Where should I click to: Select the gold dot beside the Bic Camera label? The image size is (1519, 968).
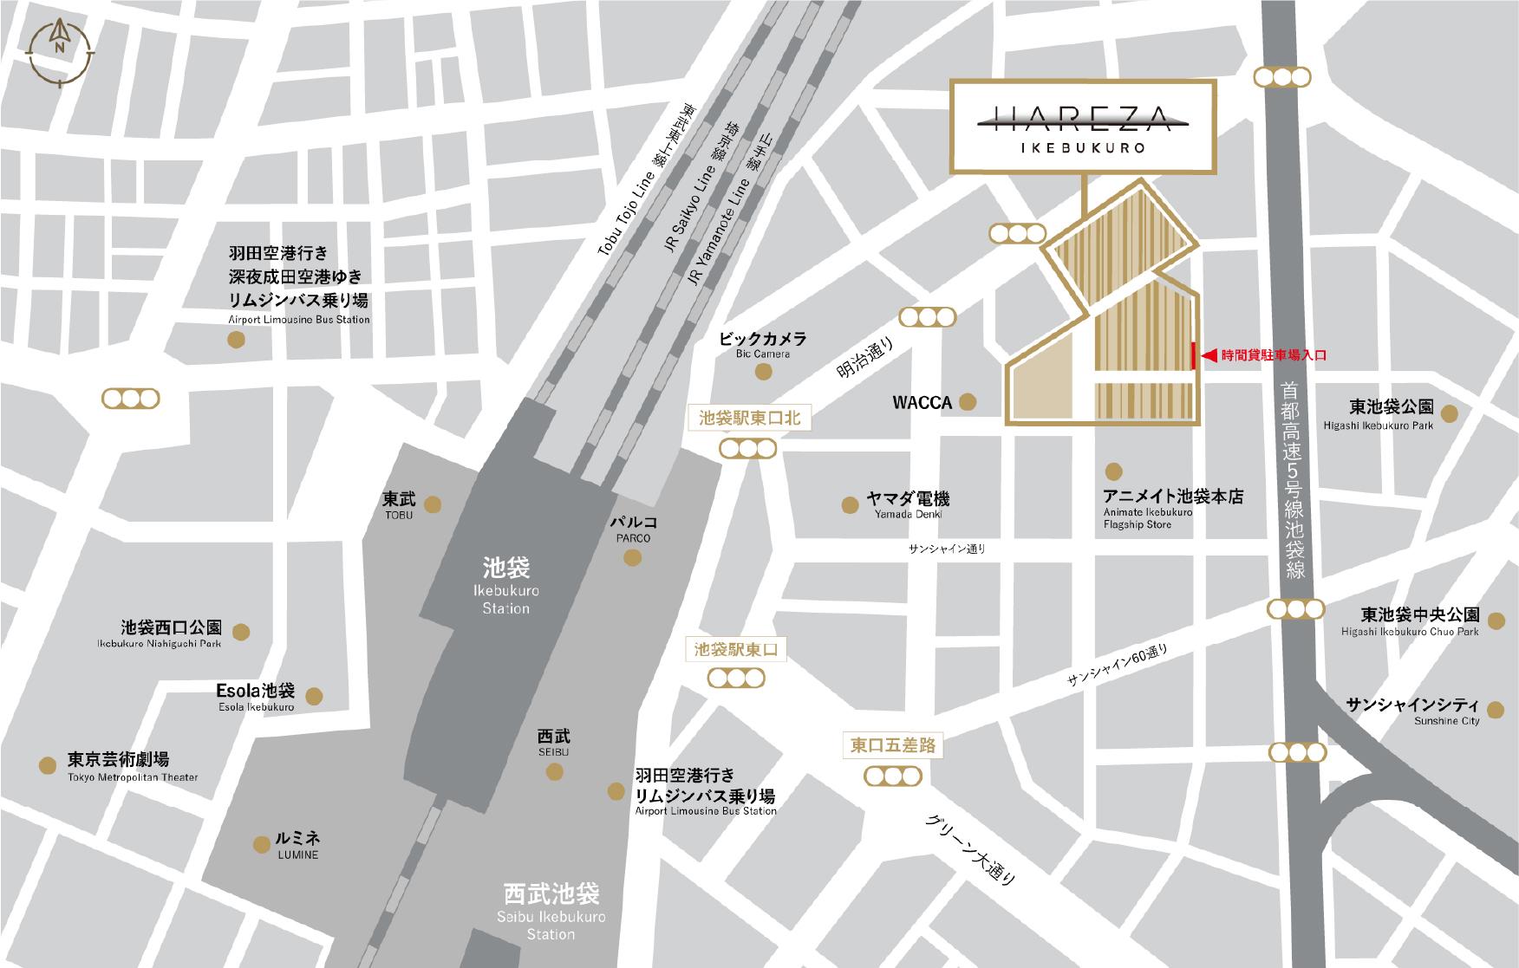(764, 372)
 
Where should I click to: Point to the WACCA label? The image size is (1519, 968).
(922, 403)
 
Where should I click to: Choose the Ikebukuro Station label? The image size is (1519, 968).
(506, 586)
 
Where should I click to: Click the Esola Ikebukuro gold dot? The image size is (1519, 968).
(315, 696)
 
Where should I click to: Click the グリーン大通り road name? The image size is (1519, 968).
(970, 850)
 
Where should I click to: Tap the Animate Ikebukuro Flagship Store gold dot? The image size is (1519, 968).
(1113, 471)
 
